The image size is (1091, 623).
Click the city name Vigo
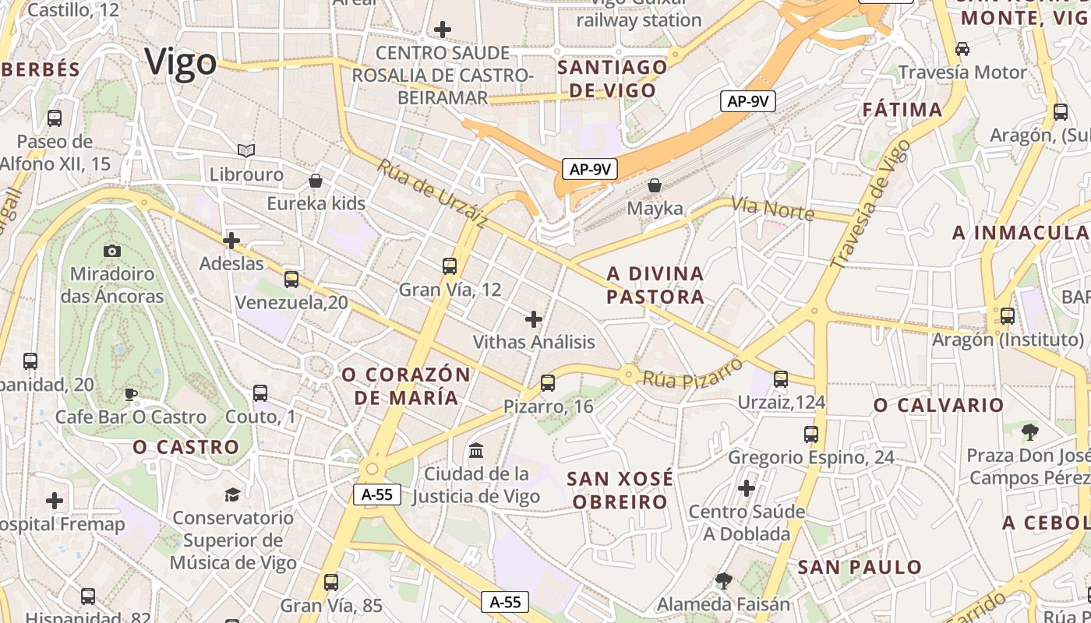[181, 62]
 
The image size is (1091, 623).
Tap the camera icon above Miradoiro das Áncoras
[112, 251]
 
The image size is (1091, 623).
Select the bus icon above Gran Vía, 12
[450, 266]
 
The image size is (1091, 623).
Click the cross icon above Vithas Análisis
[534, 319]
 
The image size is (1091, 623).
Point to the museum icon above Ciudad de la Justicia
[476, 451]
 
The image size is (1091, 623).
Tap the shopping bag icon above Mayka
[655, 185]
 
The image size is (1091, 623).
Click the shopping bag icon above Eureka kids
[316, 181]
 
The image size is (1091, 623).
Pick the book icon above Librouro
[246, 150]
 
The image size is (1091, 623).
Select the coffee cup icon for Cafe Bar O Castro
[131, 394]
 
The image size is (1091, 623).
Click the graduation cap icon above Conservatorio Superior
[232, 495]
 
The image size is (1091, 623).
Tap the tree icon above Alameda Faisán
[723, 580]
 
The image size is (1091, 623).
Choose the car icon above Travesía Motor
[962, 49]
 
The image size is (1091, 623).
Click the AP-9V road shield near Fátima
[747, 100]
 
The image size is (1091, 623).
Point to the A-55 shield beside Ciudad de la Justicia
[377, 494]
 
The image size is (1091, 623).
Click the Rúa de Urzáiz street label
[433, 194]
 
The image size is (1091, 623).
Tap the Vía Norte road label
[771, 209]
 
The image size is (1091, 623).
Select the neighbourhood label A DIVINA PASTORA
[655, 285]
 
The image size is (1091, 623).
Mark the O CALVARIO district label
[938, 405]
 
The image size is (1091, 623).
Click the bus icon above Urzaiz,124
[781, 379]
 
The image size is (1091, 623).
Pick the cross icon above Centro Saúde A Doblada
[747, 489]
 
